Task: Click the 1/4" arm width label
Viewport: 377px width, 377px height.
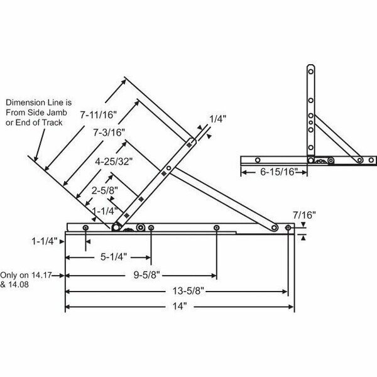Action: tap(216, 117)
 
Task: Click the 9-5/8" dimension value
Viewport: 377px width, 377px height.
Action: tap(146, 275)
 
